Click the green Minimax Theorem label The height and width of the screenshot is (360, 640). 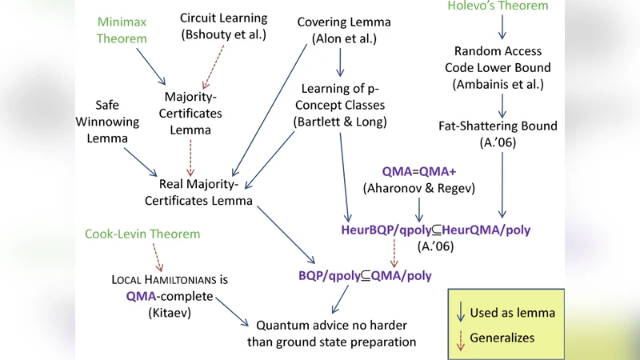pyautogui.click(x=122, y=30)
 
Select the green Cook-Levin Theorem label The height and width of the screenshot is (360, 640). pyautogui.click(x=142, y=234)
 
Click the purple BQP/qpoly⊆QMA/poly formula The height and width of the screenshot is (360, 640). pyautogui.click(x=364, y=275)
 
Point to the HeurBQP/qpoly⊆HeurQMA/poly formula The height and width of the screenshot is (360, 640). pyautogui.click(x=435, y=230)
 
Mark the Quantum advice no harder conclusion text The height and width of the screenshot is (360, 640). pyautogui.click(x=336, y=334)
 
